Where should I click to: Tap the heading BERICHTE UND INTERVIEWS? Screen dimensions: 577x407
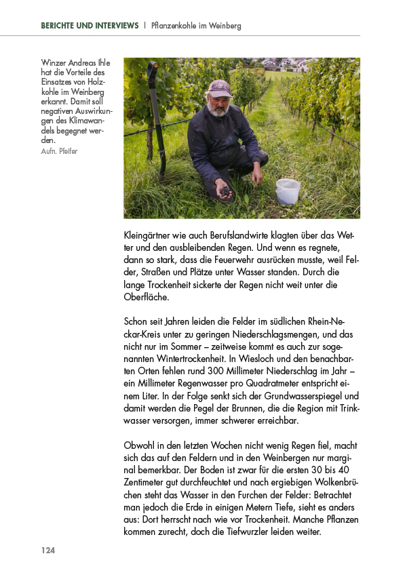[x=89, y=26]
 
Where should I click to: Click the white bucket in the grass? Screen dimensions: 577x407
[x=288, y=191]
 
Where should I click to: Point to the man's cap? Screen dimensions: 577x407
[x=220, y=87]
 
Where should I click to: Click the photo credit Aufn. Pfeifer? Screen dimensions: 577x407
[x=60, y=151]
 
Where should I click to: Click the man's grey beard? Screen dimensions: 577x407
[x=218, y=111]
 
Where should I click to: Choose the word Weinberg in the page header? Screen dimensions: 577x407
[x=222, y=26]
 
